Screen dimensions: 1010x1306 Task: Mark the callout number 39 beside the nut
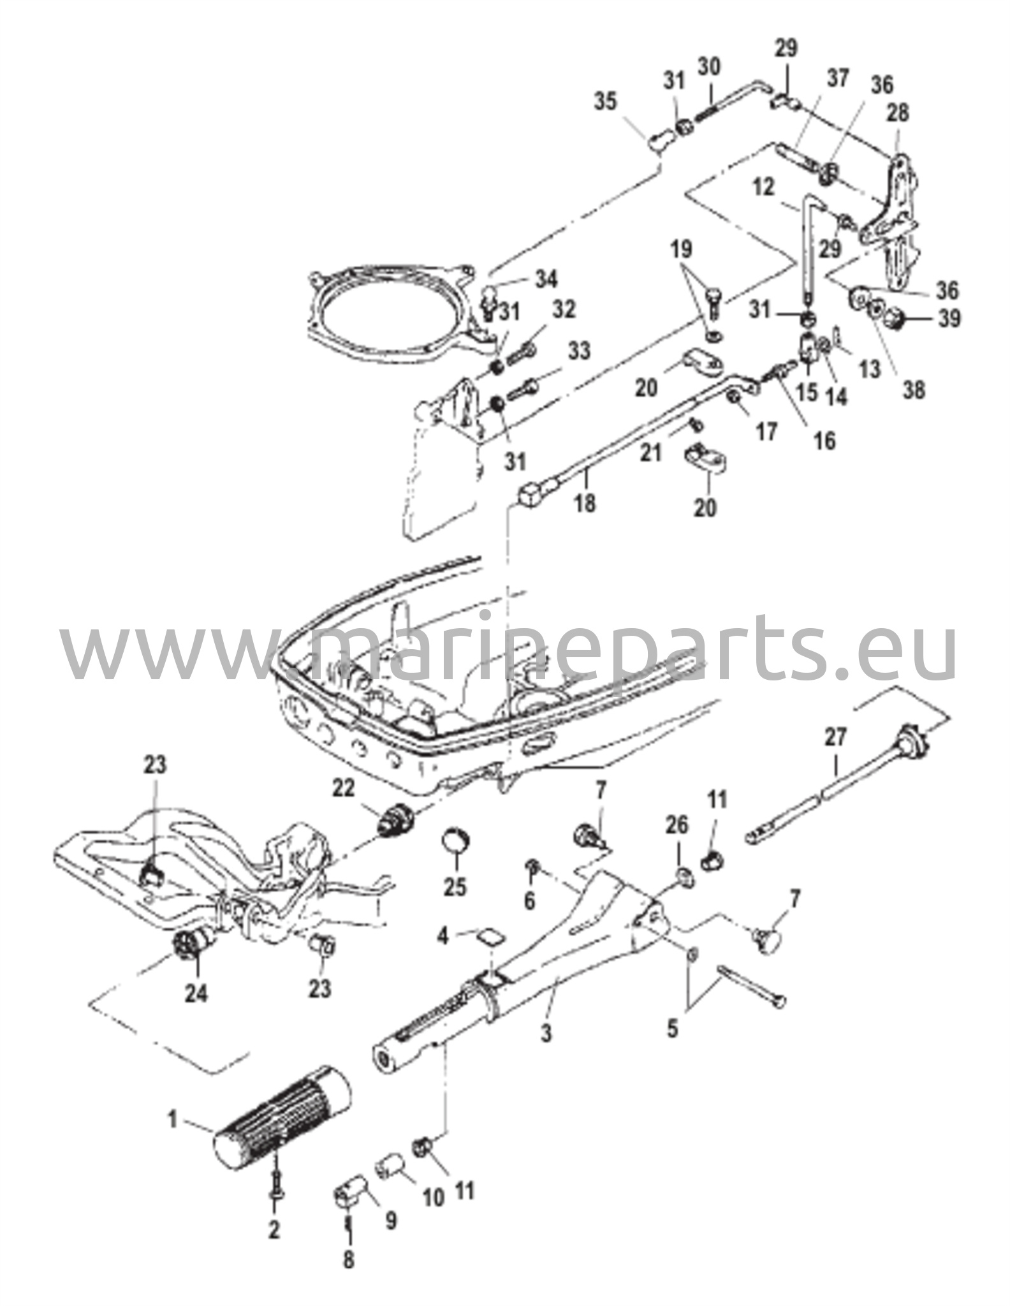point(949,318)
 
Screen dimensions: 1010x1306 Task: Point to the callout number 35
point(606,101)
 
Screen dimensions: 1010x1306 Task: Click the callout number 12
point(764,187)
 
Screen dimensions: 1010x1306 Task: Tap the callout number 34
point(546,279)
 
